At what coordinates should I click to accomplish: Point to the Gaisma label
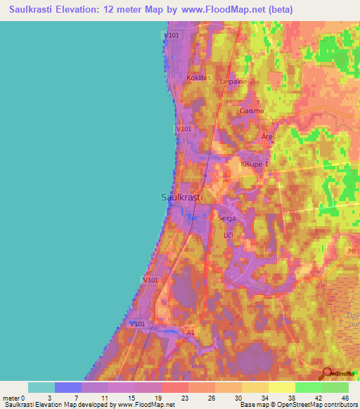(252, 111)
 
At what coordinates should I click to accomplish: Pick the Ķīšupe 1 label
(255, 164)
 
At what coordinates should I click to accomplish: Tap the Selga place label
(226, 219)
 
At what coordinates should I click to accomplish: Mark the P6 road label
(352, 251)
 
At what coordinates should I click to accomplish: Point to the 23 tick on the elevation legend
(165, 397)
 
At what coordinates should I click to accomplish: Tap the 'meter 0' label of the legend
(13, 397)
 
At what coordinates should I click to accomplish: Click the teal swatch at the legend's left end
(41, 387)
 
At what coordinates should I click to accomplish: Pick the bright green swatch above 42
(308, 387)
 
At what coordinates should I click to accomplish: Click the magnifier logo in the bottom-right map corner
(328, 373)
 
